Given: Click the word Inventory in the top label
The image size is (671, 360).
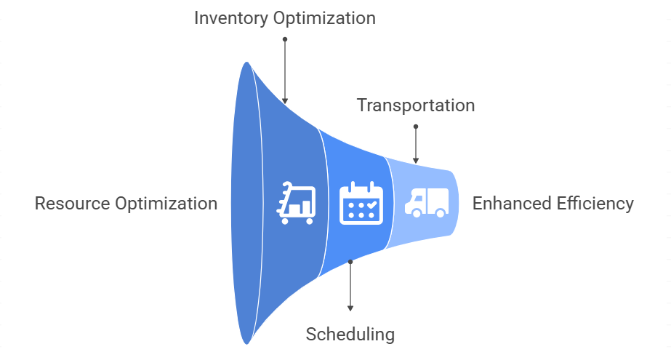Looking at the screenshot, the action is (231, 19).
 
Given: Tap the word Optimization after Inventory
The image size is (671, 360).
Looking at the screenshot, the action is (324, 19).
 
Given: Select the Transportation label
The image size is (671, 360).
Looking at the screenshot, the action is (416, 105).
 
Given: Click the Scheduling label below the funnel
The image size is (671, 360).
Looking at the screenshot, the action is (350, 335).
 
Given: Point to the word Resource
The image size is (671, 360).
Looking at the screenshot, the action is (72, 204).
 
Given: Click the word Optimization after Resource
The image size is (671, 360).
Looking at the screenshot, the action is (166, 204).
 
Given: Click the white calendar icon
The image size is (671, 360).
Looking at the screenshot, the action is (361, 203).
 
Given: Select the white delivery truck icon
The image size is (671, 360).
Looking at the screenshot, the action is (427, 202).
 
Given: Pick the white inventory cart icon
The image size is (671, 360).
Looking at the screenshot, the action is (296, 203).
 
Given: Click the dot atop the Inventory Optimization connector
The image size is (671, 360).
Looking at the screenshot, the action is (285, 39).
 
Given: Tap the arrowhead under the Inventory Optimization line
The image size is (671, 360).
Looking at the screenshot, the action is (285, 101).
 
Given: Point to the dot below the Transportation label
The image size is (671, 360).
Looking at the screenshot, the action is (416, 127).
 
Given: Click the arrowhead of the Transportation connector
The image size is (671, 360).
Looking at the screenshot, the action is (416, 161).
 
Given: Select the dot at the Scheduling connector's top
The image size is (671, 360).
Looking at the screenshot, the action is (350, 262).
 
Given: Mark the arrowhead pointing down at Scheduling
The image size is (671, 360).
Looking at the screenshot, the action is (350, 308).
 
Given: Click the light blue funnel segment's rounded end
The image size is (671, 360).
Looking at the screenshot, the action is (454, 203).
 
